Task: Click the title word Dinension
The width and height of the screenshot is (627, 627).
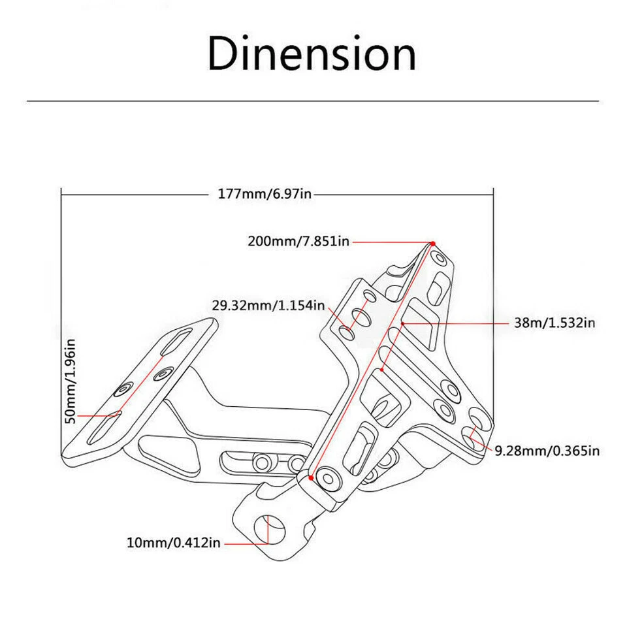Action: [x=312, y=54]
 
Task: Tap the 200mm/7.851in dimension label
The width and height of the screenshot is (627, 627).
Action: [x=298, y=241]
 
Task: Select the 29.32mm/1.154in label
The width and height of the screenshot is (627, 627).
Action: [x=268, y=305]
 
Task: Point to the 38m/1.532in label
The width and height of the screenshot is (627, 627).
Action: [x=554, y=323]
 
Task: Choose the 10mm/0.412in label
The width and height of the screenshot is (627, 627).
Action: [x=173, y=543]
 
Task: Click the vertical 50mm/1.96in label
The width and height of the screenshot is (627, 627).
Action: [x=71, y=380]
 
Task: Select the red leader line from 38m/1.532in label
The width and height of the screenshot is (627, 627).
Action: [x=457, y=323]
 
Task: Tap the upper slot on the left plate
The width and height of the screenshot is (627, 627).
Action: [x=177, y=341]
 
